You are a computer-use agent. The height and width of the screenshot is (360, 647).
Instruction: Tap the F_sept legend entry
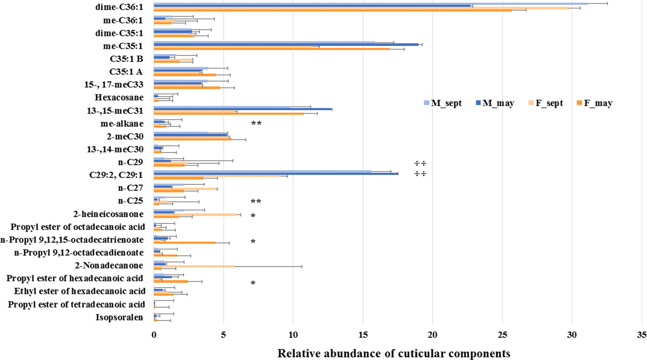(544, 103)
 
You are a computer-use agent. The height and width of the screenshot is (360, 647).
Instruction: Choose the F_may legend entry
(593, 103)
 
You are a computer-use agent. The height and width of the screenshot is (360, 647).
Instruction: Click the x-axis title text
(394, 353)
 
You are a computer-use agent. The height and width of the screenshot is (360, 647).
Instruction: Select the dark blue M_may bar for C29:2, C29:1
(276, 174)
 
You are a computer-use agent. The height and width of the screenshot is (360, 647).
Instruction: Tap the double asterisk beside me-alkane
(256, 124)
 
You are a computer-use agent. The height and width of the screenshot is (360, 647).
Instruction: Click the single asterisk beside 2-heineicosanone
(253, 216)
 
